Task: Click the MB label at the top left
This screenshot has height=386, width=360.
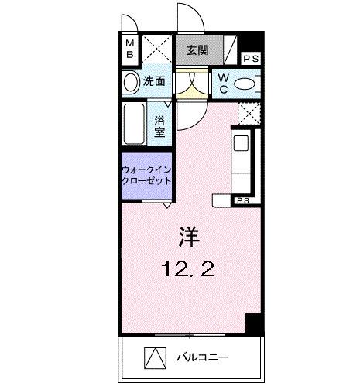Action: click(130, 49)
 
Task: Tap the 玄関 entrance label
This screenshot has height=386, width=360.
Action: click(197, 51)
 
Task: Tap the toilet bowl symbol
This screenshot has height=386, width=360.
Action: click(245, 83)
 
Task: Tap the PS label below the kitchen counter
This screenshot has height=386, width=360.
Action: click(243, 200)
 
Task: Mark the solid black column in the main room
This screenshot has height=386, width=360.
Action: click(253, 324)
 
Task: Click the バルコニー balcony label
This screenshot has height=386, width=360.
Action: click(204, 358)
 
